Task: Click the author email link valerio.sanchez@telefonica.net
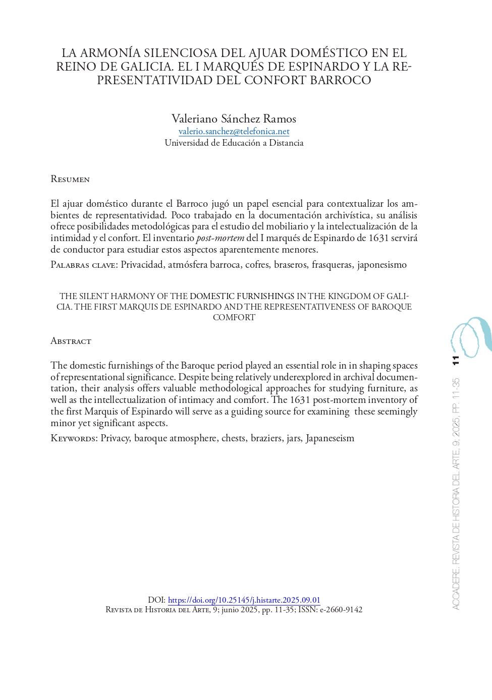pyautogui.click(x=234, y=131)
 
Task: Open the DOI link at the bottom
pyautogui.click(x=244, y=600)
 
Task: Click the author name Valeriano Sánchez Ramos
pyautogui.click(x=234, y=119)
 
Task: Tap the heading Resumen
pyautogui.click(x=70, y=179)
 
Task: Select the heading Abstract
pyautogui.click(x=71, y=341)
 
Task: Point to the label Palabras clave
pyautogui.click(x=84, y=265)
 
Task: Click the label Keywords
pyautogui.click(x=74, y=438)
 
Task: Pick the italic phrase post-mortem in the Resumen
pyautogui.click(x=220, y=238)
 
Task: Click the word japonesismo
pyautogui.click(x=381, y=265)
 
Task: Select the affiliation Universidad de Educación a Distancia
pyautogui.click(x=234, y=143)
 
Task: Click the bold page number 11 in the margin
pyautogui.click(x=456, y=360)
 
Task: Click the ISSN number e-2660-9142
pyautogui.click(x=341, y=609)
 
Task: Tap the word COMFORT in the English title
pyautogui.click(x=234, y=317)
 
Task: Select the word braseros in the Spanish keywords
pyautogui.click(x=291, y=265)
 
